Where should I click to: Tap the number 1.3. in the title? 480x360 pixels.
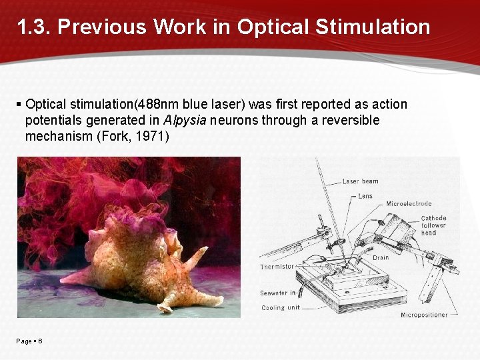(34, 27)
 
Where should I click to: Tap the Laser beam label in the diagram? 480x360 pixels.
(361, 181)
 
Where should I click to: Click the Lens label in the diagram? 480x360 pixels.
(365, 196)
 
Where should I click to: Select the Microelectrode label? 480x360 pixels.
(409, 204)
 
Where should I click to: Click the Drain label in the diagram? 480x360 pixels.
(381, 257)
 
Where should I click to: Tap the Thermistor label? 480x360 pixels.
(277, 267)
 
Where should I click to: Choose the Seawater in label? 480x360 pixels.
(278, 293)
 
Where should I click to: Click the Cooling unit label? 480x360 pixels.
(280, 307)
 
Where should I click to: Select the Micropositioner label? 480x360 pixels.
(424, 315)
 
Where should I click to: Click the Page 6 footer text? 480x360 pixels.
(29, 341)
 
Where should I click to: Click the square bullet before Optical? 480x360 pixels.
(19, 105)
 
